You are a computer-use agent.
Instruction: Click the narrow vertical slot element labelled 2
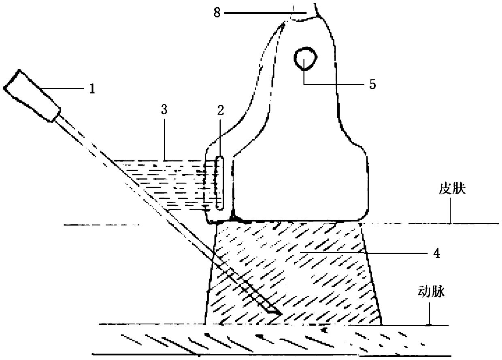[x=219, y=183]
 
